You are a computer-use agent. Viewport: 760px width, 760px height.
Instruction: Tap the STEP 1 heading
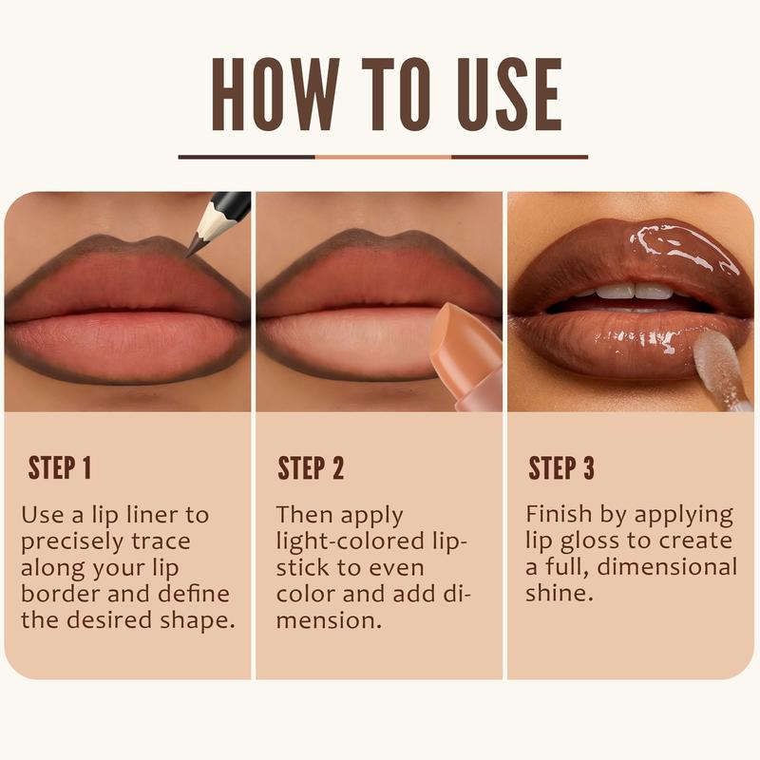click(60, 468)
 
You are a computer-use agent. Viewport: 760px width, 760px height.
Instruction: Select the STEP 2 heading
click(311, 468)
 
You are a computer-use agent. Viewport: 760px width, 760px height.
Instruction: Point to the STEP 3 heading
click(562, 468)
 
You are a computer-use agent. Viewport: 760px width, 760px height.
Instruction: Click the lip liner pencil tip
click(193, 250)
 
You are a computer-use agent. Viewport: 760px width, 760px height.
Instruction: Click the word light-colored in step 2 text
click(355, 541)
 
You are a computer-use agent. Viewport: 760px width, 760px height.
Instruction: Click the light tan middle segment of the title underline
click(383, 157)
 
